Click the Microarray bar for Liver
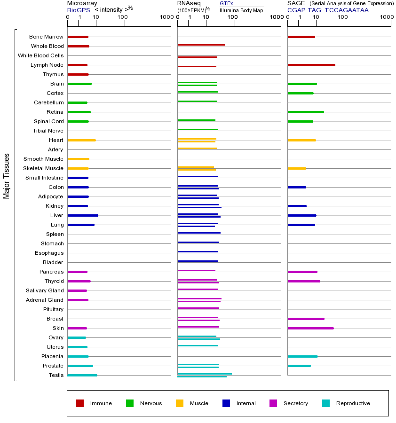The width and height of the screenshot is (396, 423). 83,215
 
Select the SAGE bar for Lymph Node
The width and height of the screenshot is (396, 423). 311,65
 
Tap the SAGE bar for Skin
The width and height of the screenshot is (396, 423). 310,328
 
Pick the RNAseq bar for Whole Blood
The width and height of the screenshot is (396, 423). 201,45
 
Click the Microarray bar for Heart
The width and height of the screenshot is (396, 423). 81,140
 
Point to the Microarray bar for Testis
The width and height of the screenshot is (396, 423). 82,375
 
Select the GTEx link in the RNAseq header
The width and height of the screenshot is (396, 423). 226,3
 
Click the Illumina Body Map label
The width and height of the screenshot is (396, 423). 241,10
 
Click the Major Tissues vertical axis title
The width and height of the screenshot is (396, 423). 7,175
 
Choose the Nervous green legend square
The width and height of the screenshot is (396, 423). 130,403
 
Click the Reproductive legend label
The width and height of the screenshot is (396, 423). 353,403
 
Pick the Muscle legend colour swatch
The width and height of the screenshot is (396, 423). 180,403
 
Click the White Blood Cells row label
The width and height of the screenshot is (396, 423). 40,55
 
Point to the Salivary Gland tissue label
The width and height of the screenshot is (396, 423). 45,290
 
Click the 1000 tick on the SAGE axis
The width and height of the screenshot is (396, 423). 386,17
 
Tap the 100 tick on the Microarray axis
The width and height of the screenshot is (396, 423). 123,17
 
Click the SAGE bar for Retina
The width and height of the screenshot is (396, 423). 305,112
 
